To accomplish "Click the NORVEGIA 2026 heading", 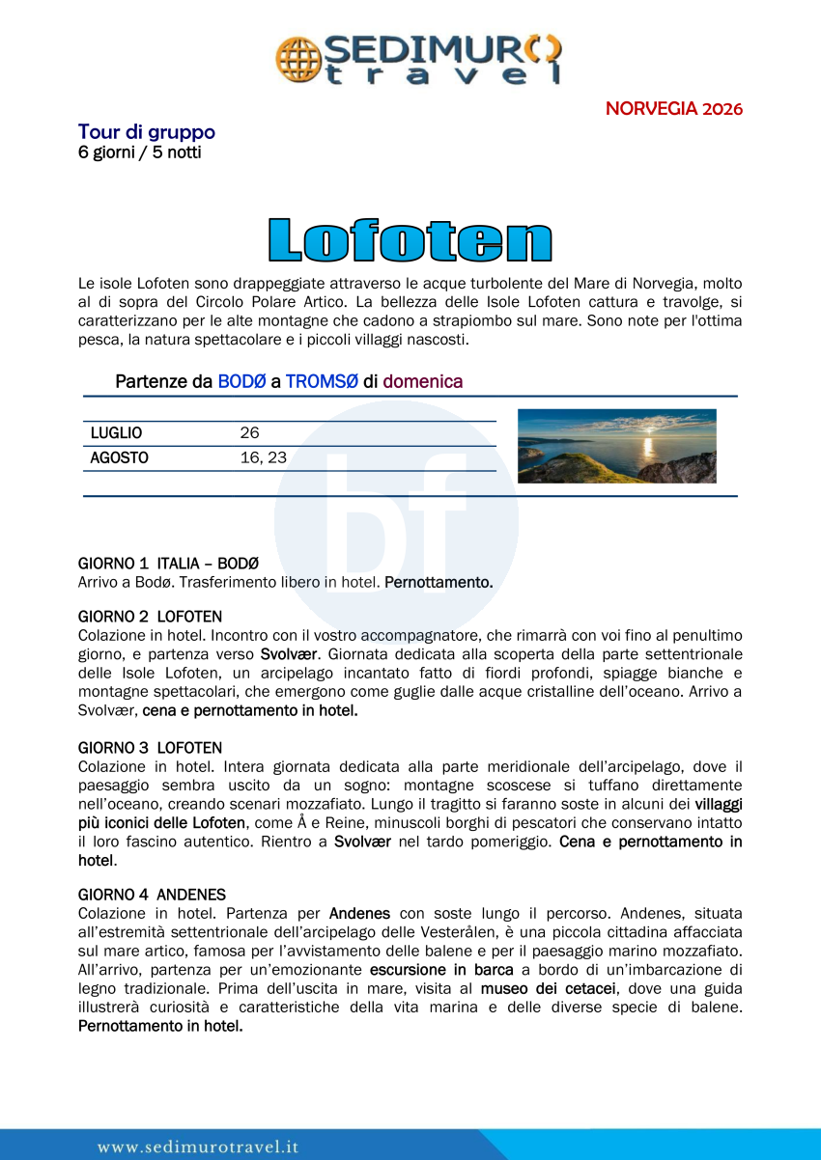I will (x=673, y=108).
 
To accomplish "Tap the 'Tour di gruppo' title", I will (x=146, y=131).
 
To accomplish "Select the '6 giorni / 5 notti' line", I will (x=139, y=152).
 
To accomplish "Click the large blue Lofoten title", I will (x=410, y=240).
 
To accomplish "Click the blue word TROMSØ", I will (x=322, y=381).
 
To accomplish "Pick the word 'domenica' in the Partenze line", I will (x=422, y=381).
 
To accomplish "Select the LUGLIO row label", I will (x=116, y=433).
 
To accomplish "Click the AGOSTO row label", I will (x=119, y=458).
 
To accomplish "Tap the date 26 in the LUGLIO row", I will (x=249, y=433).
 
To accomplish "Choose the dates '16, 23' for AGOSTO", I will (x=263, y=458).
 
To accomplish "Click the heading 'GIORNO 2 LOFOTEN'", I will (x=150, y=616).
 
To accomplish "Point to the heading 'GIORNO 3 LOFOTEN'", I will (x=150, y=748).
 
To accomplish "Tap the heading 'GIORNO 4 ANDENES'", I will (x=152, y=895).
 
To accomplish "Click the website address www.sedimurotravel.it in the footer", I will (x=198, y=1146).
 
